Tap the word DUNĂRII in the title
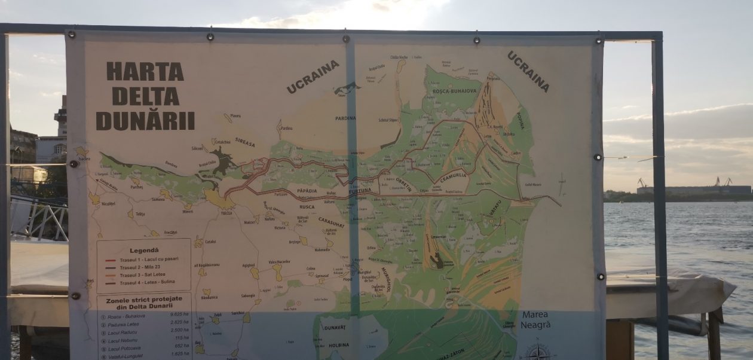(145, 121)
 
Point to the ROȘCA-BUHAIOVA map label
(454, 91)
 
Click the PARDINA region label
(345, 118)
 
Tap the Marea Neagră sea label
(535, 319)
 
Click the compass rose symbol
(538, 351)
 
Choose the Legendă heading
(144, 250)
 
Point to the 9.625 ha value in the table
(179, 314)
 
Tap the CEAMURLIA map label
(453, 178)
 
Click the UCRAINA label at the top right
(528, 71)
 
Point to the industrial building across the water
(693, 190)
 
